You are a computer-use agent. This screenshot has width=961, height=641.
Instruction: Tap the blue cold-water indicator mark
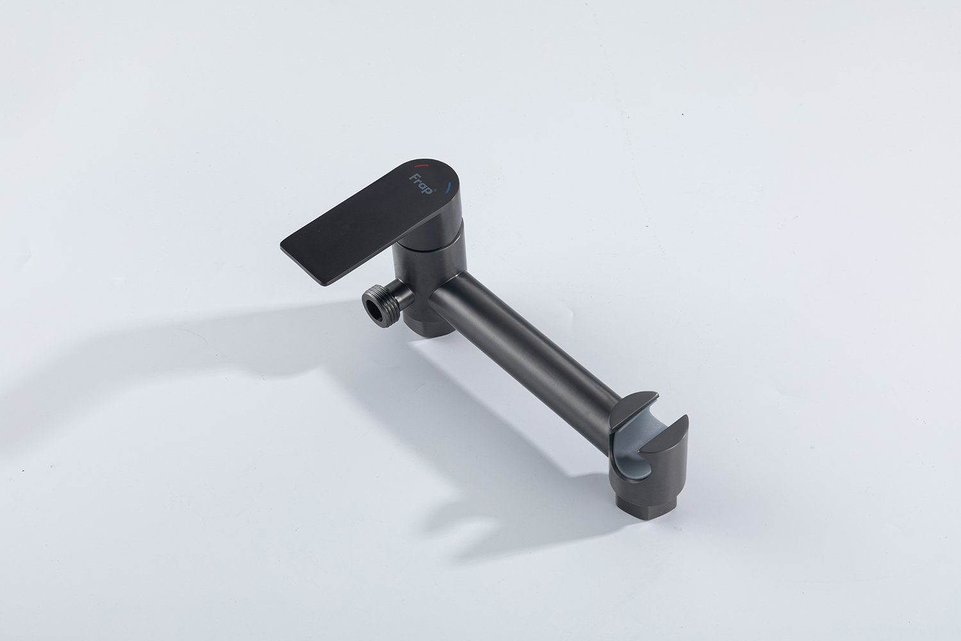pos(450,188)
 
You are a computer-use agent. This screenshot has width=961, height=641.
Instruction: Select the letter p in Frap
pos(429,190)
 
